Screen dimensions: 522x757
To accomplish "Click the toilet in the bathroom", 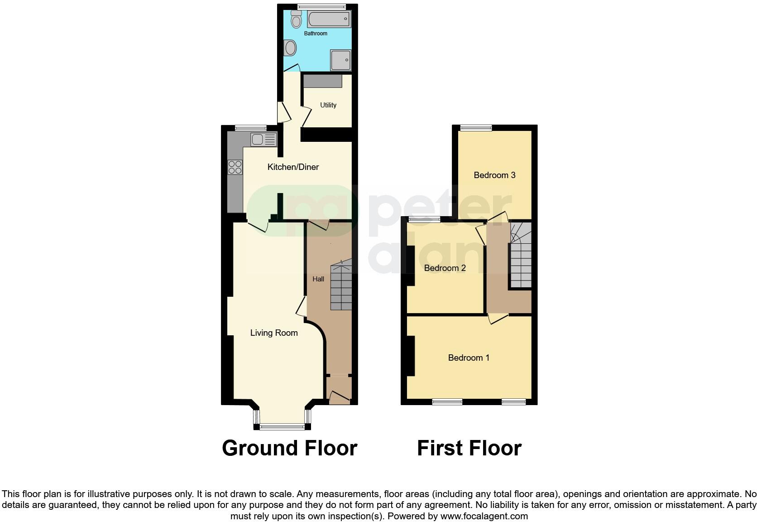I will [x=297, y=19].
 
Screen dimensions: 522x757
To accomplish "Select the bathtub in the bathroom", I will [x=329, y=19].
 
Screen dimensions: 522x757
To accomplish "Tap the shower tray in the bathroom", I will [x=340, y=60].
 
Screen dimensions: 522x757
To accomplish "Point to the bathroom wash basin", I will [x=290, y=47].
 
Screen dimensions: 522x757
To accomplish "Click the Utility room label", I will [x=328, y=105].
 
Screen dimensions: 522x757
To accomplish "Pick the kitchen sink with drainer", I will [x=264, y=139].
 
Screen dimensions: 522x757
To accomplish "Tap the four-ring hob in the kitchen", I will [x=235, y=167].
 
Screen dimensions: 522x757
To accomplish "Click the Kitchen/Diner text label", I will [x=293, y=167].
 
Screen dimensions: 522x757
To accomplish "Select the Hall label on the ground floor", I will [x=318, y=279].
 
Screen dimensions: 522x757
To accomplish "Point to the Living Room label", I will [x=274, y=333].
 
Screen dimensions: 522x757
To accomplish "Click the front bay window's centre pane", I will [x=282, y=426].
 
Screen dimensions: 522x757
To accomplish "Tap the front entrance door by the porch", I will [x=340, y=398].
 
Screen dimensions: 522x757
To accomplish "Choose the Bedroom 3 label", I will [x=494, y=175].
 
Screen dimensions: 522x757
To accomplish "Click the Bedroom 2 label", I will [x=445, y=268].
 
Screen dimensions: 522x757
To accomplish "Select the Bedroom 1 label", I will [x=469, y=358].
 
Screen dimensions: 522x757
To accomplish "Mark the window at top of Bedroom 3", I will [x=476, y=128].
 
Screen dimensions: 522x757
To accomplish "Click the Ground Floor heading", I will [x=289, y=448].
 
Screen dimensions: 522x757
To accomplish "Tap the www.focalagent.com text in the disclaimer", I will [x=484, y=516].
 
